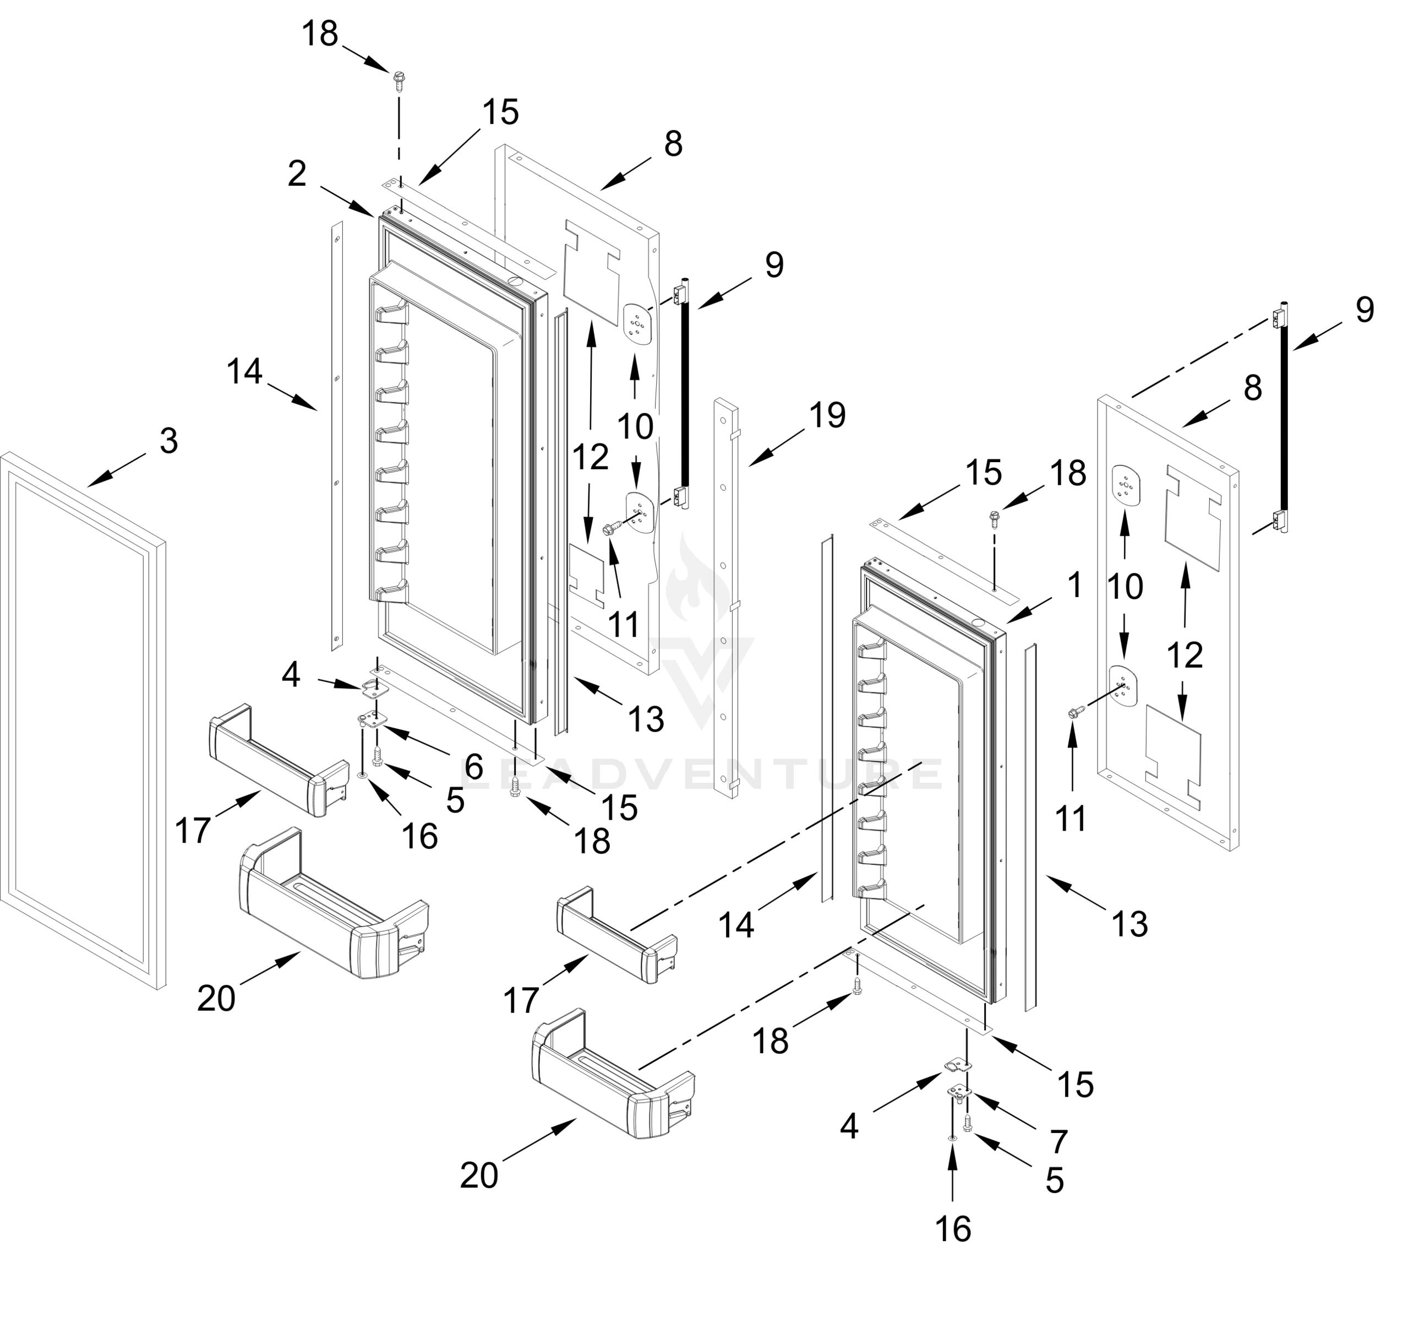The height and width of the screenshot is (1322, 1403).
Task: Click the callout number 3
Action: point(168,441)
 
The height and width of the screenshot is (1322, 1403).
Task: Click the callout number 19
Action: point(827,415)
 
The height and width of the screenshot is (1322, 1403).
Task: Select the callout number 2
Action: point(297,174)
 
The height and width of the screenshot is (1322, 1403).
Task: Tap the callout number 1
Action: point(1074,586)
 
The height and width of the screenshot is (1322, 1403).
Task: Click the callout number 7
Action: point(1058,1141)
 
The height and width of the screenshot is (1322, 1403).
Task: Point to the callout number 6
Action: point(473,766)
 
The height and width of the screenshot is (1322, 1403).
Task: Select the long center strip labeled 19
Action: point(726,600)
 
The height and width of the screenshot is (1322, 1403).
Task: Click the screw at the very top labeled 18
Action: point(398,80)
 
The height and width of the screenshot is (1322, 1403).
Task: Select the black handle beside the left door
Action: point(684,395)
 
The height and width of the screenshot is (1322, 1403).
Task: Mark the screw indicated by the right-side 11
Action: point(1076,714)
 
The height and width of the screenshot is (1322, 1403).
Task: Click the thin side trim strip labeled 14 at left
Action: point(337,438)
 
